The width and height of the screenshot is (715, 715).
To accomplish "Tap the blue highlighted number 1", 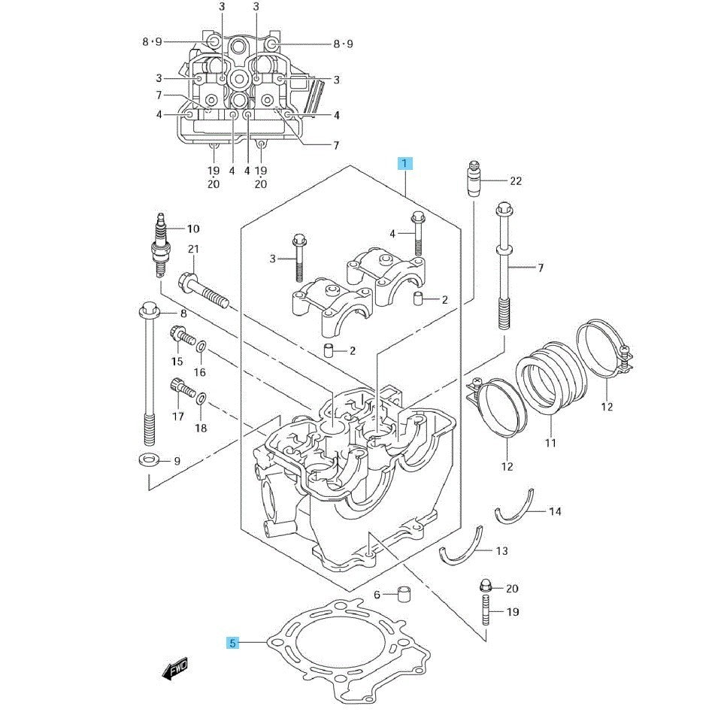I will click(x=404, y=163).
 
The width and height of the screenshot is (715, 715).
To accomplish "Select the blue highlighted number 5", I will click(x=233, y=643).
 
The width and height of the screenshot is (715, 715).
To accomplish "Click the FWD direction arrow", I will click(x=174, y=668).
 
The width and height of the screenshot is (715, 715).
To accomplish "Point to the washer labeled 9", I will click(x=147, y=459).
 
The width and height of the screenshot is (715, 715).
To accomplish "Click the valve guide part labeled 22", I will click(x=474, y=180).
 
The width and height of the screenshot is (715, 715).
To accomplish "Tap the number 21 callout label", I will click(x=193, y=249).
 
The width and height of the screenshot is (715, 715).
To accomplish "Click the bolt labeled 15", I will click(x=180, y=338).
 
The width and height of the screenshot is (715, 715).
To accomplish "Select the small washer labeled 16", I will click(x=201, y=347).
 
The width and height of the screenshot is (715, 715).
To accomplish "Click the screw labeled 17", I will click(x=180, y=389).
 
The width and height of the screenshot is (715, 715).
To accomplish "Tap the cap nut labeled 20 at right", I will click(x=485, y=586).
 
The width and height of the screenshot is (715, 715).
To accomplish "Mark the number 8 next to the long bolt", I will click(x=183, y=313).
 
